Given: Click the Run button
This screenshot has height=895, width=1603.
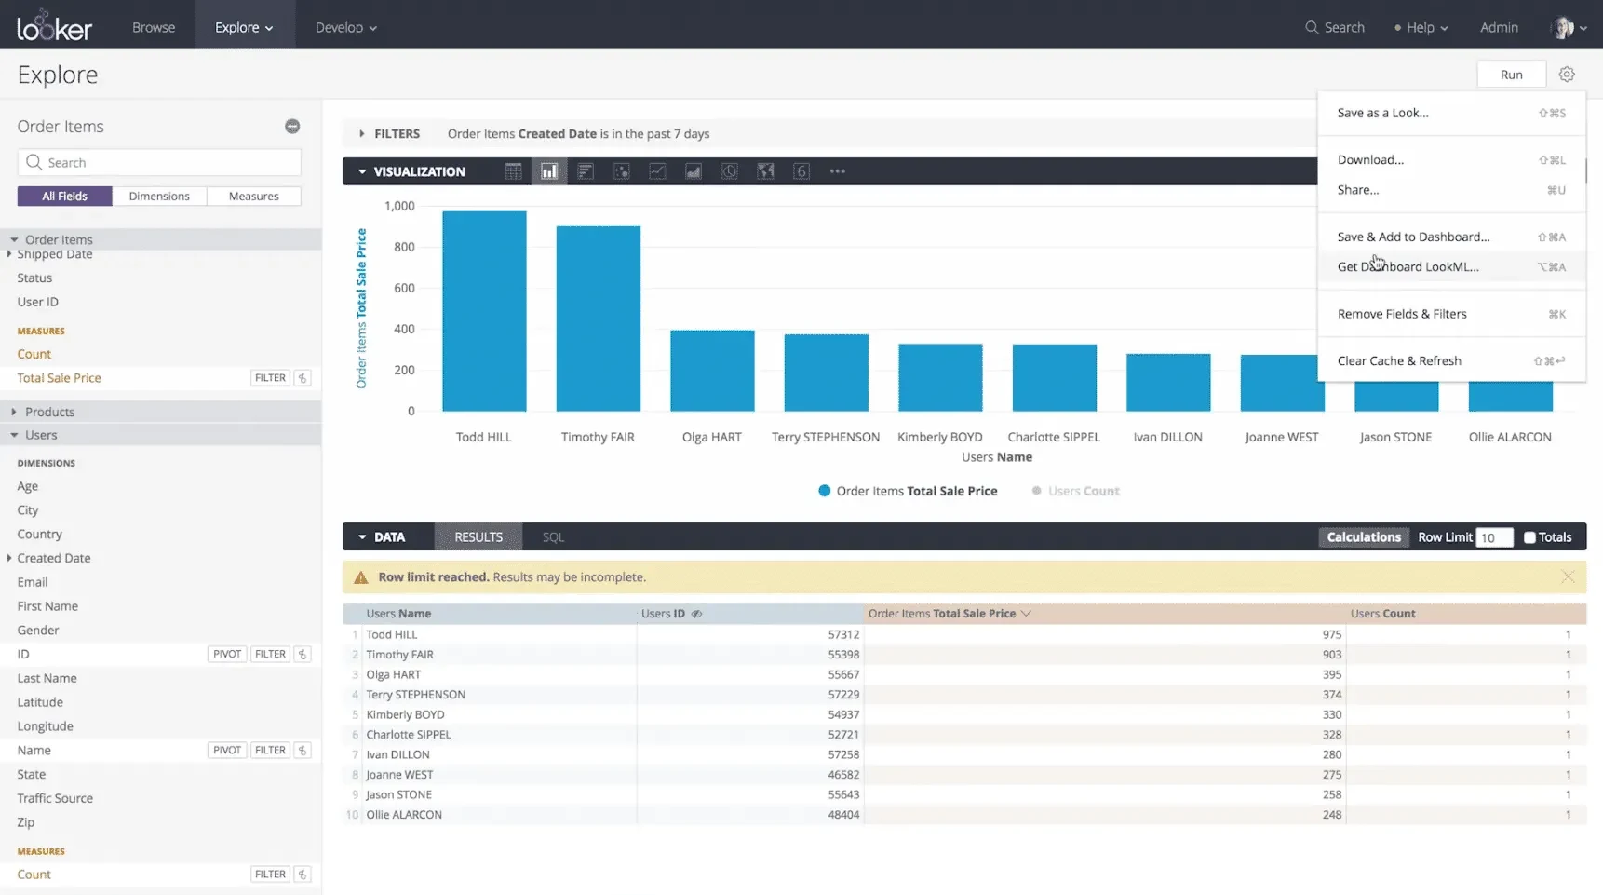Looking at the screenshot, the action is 1511,75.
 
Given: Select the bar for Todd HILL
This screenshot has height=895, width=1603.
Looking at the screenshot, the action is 484,311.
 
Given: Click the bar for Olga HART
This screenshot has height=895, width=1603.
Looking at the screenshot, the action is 712,371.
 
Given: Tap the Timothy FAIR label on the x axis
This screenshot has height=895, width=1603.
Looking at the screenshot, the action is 598,437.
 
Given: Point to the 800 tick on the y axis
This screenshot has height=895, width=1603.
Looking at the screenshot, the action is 404,247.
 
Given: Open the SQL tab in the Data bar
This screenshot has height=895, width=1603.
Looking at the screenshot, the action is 553,537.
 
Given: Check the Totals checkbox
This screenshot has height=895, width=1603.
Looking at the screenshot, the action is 1529,537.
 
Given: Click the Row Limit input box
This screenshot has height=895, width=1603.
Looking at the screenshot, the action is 1494,537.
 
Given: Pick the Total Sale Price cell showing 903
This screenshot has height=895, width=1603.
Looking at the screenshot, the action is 1332,655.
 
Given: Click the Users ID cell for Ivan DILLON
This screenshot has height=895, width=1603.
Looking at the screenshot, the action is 843,754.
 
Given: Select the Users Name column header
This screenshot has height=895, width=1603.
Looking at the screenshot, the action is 398,614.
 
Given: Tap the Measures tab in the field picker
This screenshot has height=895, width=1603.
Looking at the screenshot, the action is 253,197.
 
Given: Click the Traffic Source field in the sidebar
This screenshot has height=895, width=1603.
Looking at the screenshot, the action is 55,798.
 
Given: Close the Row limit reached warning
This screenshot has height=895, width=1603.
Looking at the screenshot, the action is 1568,577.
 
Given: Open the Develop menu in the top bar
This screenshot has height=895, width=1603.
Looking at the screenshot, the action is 345,27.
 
